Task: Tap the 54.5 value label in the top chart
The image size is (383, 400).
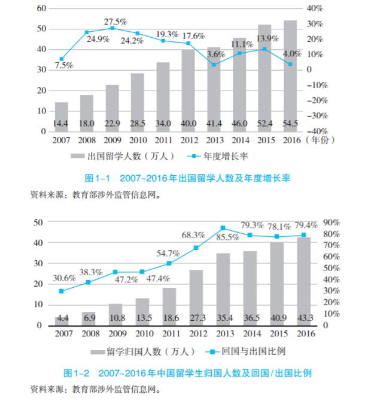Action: point(290,124)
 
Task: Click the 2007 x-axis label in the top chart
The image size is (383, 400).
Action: point(61,141)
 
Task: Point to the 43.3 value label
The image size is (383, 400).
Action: point(305,317)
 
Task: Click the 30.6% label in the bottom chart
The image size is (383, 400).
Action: point(64,278)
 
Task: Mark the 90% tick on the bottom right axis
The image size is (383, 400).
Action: point(331,222)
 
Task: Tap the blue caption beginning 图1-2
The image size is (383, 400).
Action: point(188,373)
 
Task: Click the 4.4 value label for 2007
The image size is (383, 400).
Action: point(62,317)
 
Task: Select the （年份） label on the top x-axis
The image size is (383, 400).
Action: point(321,141)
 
